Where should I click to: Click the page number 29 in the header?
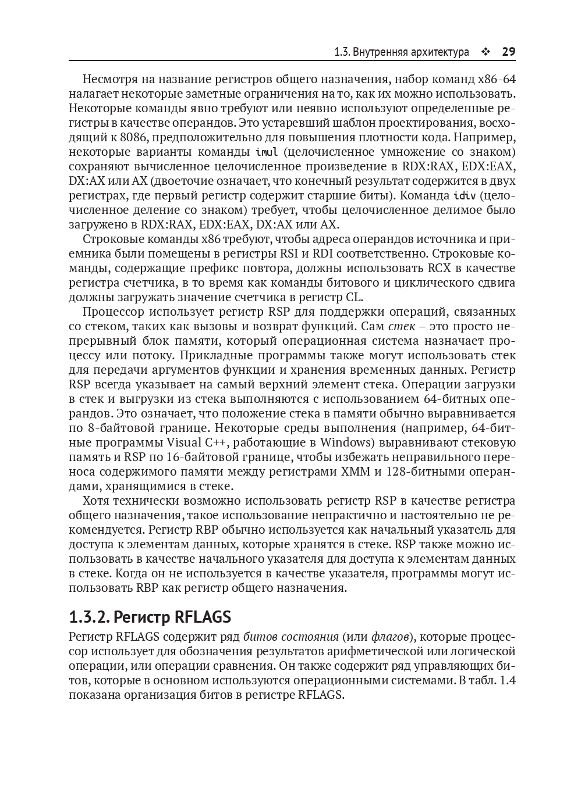click(x=508, y=52)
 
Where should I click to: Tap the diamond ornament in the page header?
click(x=486, y=52)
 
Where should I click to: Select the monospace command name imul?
click(x=267, y=152)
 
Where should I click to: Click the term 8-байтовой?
click(x=116, y=428)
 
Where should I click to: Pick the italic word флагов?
click(x=391, y=637)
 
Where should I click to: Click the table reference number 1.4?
click(x=507, y=680)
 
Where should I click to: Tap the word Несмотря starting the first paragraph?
click(x=109, y=79)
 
